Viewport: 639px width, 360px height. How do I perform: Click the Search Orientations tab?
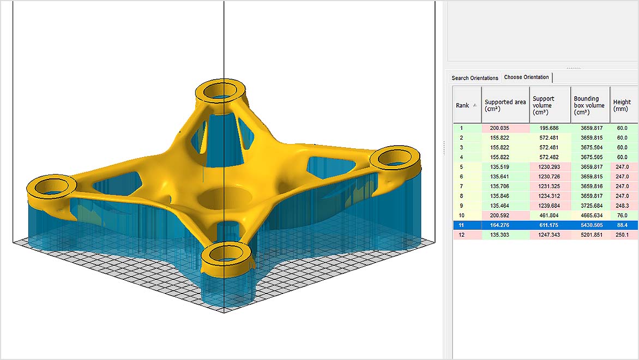tap(475, 78)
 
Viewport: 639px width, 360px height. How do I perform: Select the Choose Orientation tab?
tap(526, 77)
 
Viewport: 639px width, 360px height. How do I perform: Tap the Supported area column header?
tap(505, 105)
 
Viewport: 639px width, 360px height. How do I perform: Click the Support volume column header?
tap(550, 105)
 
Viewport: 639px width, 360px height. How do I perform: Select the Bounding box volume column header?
tap(590, 105)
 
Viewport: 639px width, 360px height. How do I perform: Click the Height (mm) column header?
tap(622, 105)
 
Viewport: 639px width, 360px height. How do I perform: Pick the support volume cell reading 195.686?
tap(550, 128)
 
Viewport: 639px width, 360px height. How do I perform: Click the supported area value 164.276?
tap(505, 225)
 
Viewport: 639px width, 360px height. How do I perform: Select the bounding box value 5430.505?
tap(590, 225)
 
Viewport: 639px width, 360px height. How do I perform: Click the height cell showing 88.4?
tap(622, 225)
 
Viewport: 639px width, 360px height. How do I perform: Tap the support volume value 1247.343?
tap(550, 235)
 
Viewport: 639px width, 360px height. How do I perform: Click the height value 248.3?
tap(622, 206)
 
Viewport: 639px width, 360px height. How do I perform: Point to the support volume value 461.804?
tap(550, 215)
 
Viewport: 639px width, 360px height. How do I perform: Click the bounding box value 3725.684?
tap(590, 206)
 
